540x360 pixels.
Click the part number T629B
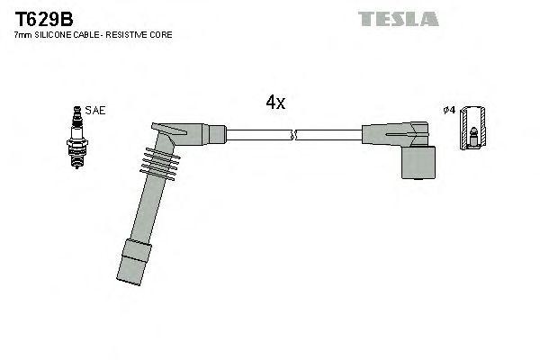[43, 18]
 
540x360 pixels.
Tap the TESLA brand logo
[398, 18]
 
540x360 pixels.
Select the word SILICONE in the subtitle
[55, 34]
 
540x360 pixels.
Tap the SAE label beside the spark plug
[97, 111]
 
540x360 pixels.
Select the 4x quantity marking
[275, 103]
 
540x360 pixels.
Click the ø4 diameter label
[448, 111]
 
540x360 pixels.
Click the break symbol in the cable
[293, 136]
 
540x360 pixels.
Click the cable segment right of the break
[328, 136]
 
